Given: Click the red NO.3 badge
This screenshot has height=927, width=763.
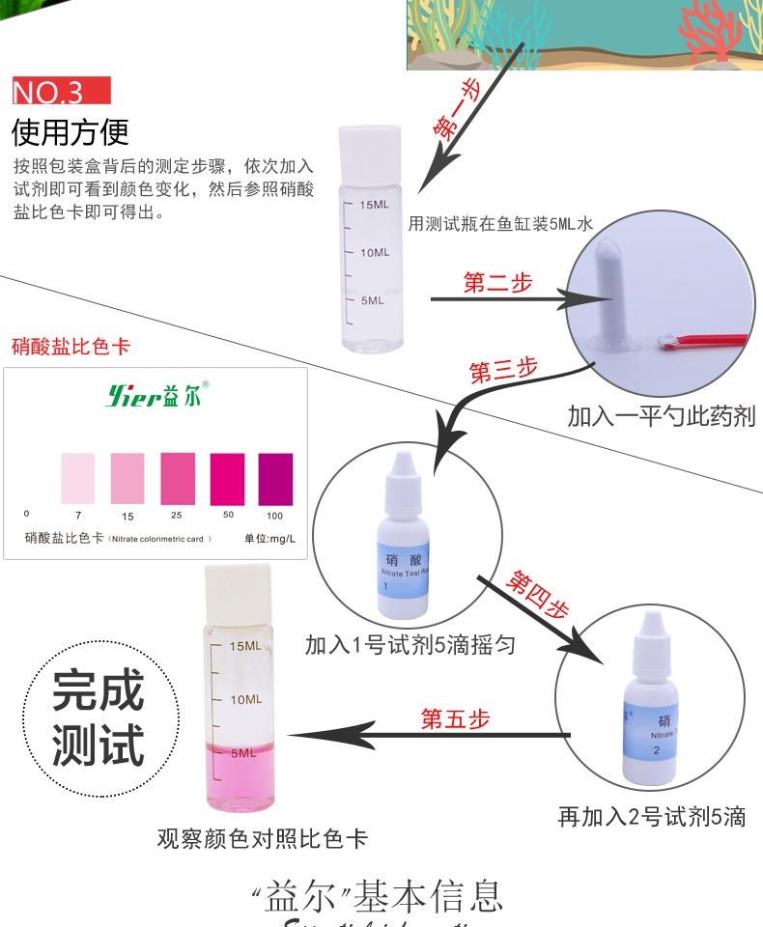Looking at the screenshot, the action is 61,93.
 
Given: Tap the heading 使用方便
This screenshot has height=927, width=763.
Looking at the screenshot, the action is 70,131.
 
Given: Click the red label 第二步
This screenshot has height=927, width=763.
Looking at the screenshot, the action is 497,284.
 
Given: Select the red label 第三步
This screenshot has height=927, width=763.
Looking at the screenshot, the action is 503,370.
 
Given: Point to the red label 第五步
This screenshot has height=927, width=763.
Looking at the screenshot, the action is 456,719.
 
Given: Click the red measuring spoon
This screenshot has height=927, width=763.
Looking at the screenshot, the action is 710,340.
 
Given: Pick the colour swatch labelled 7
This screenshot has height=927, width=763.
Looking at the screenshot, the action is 77,477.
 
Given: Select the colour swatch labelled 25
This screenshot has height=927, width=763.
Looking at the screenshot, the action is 178,475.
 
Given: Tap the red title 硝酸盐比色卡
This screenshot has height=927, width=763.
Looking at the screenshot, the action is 71,346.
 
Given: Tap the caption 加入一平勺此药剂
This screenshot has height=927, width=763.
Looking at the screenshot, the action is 662,417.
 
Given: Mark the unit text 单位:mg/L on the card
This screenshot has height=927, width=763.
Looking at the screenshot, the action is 268,539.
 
